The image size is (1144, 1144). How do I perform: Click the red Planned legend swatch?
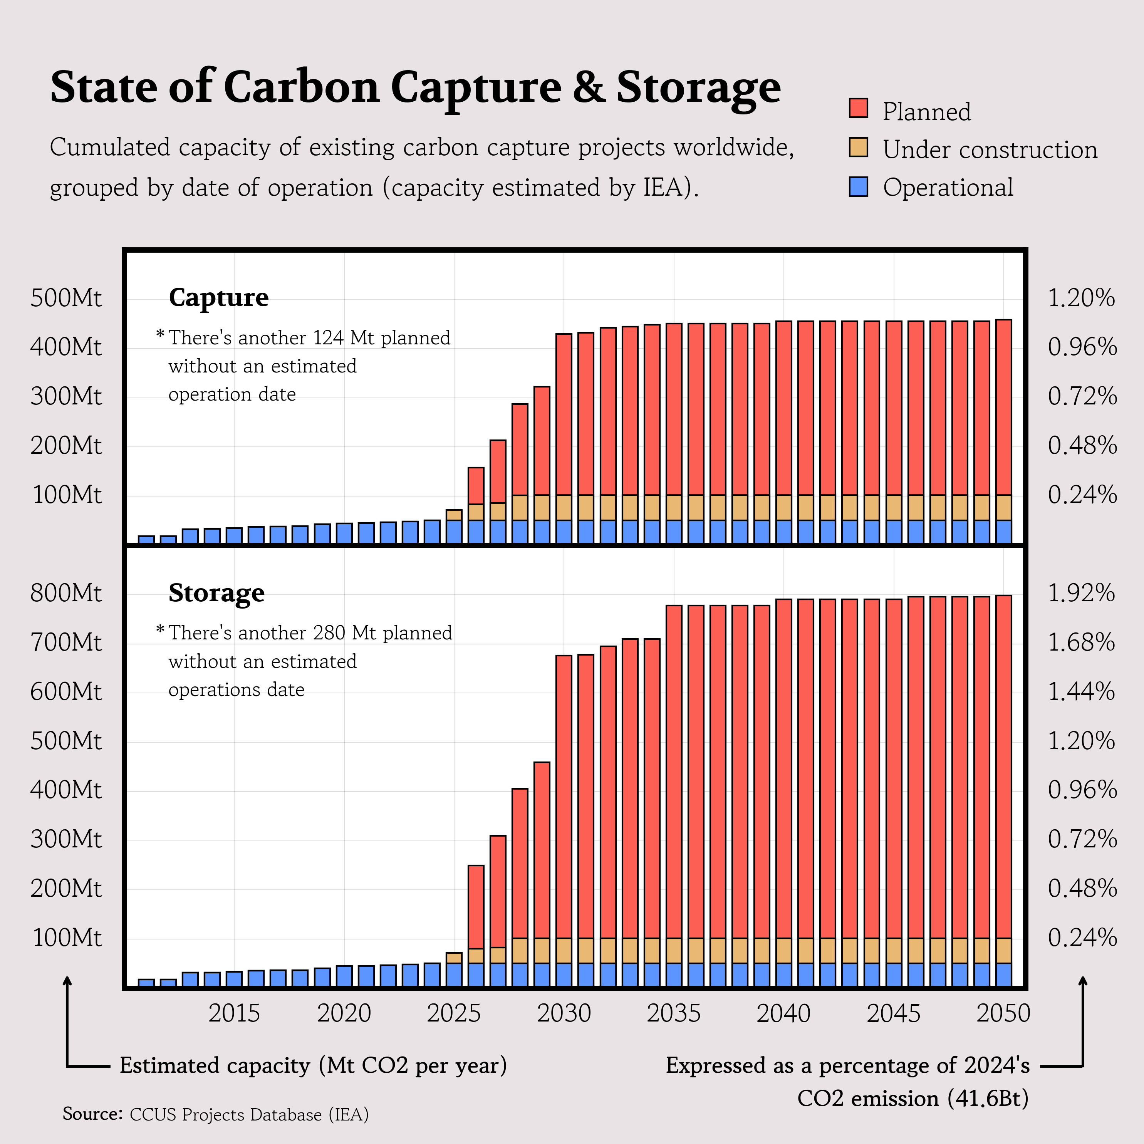[858, 108]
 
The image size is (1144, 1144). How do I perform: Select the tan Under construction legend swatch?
[858, 148]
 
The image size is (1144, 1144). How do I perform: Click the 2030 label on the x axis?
[564, 1013]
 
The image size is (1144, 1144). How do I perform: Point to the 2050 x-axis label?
[1003, 1013]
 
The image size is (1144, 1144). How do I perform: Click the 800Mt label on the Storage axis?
[66, 593]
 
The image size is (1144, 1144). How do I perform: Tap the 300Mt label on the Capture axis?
[66, 396]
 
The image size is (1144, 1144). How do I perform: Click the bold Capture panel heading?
[218, 297]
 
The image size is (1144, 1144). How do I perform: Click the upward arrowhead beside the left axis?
[67, 981]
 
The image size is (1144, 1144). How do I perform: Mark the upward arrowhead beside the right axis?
[1083, 981]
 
